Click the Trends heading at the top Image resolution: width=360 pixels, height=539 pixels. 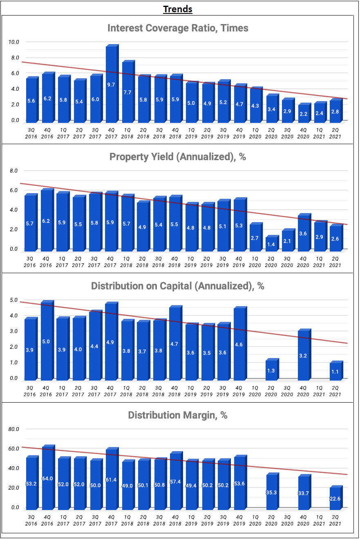tap(178, 9)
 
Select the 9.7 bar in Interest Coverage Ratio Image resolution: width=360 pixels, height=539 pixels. tap(111, 85)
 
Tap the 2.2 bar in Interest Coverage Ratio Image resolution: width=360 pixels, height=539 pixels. tap(303, 114)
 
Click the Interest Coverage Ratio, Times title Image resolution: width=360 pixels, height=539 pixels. tap(178, 28)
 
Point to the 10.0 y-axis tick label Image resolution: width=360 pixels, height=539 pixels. tap(14, 42)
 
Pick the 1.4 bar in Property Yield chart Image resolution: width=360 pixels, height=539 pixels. tap(271, 244)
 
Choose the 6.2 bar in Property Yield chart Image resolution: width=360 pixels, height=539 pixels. tap(47, 220)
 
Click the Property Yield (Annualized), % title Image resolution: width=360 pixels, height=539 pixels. tap(178, 157)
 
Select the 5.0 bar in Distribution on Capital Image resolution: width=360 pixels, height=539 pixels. tap(47, 341)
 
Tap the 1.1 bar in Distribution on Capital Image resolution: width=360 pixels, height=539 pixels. tap(335, 371)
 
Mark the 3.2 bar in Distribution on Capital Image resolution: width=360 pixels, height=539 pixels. tap(303, 355)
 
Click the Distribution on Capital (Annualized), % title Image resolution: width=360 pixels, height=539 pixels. tap(178, 286)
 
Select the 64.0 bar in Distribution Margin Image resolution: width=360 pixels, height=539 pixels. tap(47, 479)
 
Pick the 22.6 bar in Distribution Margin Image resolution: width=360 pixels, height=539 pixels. tap(335, 498)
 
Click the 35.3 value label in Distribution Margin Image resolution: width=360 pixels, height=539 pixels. tap(271, 492)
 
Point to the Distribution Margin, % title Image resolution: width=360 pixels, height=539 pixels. tap(178, 415)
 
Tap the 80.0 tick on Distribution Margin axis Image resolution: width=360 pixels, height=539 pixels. tap(14, 429)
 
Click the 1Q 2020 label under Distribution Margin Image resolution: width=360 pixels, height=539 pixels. tap(255, 521)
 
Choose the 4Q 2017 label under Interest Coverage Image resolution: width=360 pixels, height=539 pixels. tap(111, 134)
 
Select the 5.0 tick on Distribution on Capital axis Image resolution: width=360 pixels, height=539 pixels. tap(14, 300)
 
